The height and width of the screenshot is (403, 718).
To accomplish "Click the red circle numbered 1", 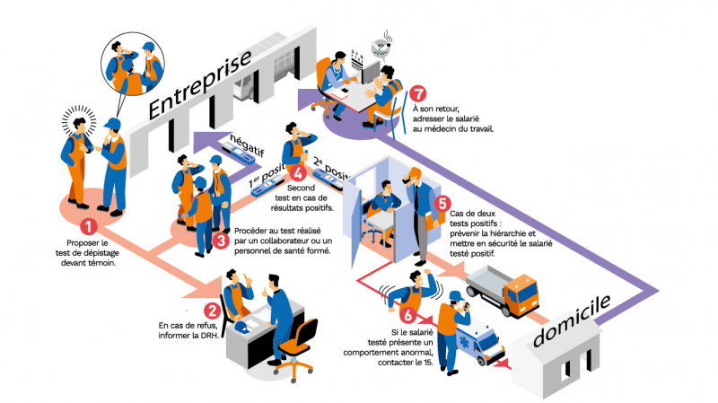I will [x=88, y=228].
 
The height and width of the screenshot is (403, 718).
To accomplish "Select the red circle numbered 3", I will [x=222, y=241].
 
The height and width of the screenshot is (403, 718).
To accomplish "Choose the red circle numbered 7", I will [x=417, y=93].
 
